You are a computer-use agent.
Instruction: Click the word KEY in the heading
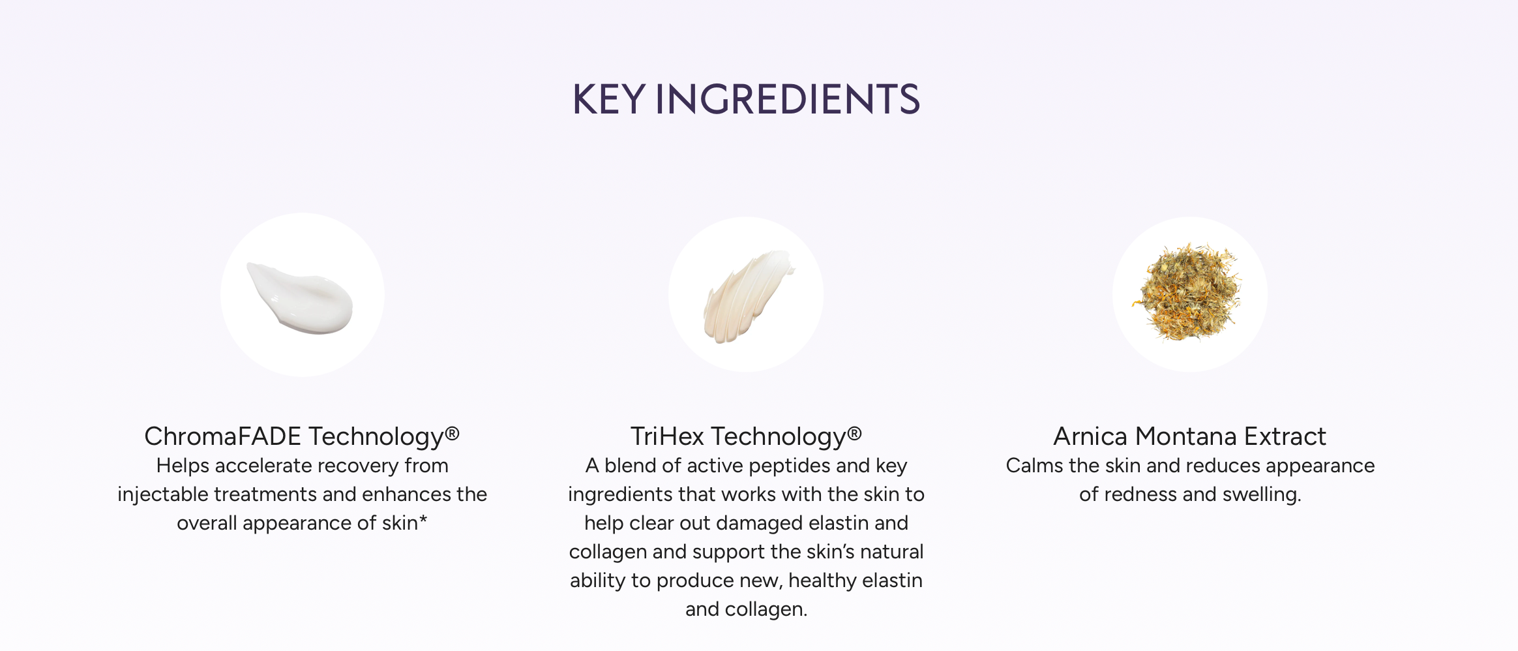point(608,100)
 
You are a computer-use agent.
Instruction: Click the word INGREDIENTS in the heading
point(787,100)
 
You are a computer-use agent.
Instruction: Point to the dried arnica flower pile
point(1188,292)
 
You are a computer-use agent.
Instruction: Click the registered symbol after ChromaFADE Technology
point(453,434)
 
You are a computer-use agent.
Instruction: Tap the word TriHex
point(667,436)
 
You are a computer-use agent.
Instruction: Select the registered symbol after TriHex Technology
point(854,434)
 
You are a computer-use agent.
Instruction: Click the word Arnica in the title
point(1090,436)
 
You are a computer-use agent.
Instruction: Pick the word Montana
point(1185,436)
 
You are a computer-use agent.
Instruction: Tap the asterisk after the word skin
point(423,520)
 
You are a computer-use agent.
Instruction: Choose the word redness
point(1143,494)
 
